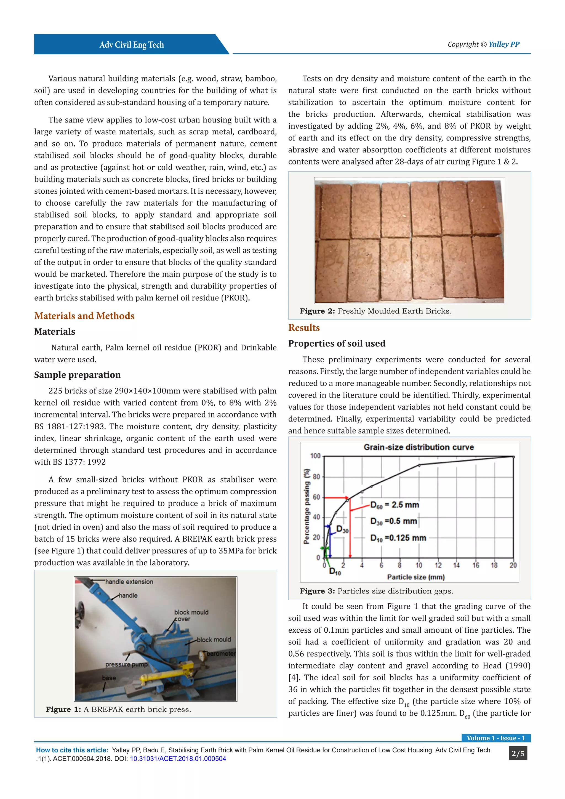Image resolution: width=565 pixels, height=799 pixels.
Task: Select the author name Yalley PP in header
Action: click(504, 44)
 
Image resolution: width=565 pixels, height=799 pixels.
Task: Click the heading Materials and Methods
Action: click(84, 316)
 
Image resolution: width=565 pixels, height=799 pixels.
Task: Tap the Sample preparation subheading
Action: click(77, 375)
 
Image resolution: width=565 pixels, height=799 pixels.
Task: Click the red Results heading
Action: click(304, 328)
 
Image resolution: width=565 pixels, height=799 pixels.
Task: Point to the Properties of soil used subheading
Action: click(336, 343)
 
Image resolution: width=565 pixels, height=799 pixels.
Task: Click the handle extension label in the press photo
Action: click(129, 582)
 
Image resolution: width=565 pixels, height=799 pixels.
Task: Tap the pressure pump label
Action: click(126, 664)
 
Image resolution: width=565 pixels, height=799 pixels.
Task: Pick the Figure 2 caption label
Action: click(317, 311)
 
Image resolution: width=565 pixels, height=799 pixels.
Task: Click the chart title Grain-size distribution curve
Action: click(419, 447)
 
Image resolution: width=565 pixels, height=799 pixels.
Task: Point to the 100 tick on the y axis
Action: click(315, 456)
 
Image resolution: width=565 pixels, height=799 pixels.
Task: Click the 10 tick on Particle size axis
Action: click(419, 565)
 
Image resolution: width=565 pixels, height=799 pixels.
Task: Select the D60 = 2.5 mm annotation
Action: click(395, 505)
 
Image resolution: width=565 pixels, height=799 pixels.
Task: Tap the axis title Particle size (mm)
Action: click(416, 577)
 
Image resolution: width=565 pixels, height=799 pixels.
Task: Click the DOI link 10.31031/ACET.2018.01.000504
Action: click(178, 759)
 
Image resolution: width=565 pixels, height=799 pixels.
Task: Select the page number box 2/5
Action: click(518, 753)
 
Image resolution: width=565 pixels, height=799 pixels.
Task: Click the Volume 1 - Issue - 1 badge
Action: click(496, 738)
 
